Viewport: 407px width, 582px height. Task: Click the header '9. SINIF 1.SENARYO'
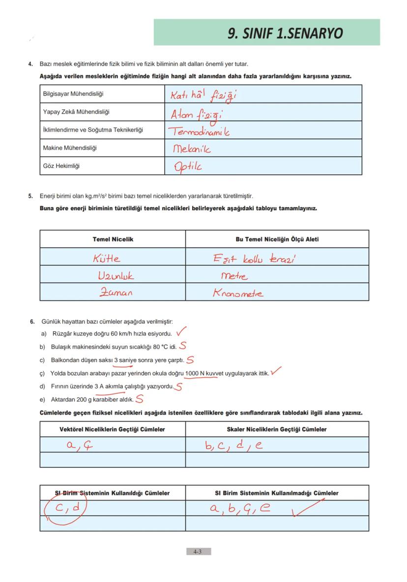click(x=285, y=33)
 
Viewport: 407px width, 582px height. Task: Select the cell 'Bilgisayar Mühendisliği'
click(x=73, y=94)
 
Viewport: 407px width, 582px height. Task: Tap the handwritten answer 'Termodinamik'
click(x=200, y=131)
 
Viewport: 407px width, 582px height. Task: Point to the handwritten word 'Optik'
click(x=188, y=166)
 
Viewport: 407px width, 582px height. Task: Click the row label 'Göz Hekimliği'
click(x=61, y=166)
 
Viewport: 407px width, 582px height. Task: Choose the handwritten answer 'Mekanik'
click(x=192, y=149)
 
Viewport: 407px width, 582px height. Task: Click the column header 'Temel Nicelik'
click(x=113, y=239)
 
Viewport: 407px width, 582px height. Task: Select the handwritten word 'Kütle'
click(x=106, y=258)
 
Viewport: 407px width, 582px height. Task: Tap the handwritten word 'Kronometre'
click(x=238, y=293)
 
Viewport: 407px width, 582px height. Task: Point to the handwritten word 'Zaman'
click(x=116, y=292)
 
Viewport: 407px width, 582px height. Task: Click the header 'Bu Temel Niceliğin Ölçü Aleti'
click(x=277, y=239)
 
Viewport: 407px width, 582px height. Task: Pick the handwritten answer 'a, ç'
click(x=80, y=446)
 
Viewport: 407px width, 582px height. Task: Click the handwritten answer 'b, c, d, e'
click(x=234, y=446)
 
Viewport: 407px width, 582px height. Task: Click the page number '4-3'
click(x=198, y=552)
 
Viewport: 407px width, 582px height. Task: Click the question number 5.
click(x=30, y=196)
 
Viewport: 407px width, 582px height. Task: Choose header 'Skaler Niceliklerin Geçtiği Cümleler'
click(x=277, y=429)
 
